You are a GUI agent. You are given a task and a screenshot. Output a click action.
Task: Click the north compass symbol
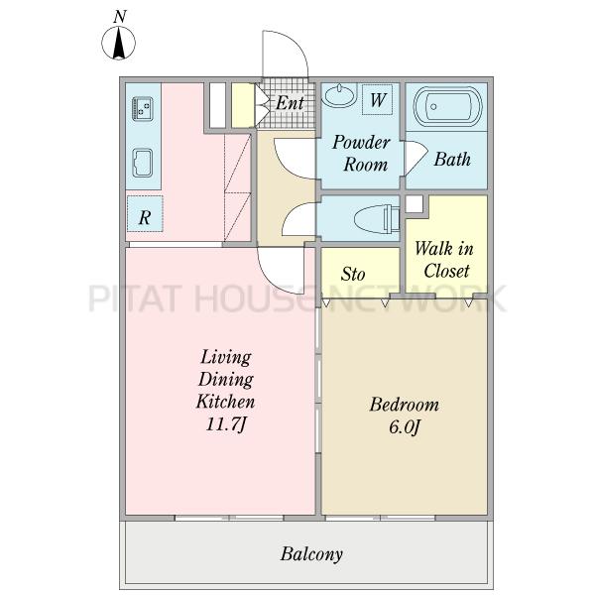coord(118,42)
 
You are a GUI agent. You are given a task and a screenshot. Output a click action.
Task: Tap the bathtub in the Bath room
coord(448,107)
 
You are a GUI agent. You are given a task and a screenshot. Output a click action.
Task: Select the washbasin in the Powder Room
coord(339,95)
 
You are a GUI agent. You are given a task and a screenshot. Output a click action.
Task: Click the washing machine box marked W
coord(377,99)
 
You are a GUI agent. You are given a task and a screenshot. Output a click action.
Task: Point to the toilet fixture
coord(377,219)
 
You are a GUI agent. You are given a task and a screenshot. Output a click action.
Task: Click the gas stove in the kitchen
coord(143,109)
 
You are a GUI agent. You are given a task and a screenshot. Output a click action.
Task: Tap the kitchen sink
coord(143,164)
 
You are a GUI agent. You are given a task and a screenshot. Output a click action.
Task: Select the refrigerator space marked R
coord(145,214)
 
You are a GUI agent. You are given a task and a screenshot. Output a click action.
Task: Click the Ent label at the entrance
coord(290,103)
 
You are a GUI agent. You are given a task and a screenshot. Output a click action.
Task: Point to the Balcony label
coord(311,554)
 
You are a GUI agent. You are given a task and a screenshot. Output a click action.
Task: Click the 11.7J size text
coord(226,424)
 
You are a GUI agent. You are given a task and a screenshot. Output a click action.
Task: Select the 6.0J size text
coord(405,427)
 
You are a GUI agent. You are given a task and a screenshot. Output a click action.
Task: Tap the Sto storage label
coord(353,274)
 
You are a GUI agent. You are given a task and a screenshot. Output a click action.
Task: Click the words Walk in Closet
coord(444,260)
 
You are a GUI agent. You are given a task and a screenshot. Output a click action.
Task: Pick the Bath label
coord(452,159)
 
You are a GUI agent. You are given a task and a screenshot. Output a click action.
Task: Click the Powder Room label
coord(362,154)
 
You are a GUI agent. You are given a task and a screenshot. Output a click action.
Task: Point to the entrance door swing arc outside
coord(299,45)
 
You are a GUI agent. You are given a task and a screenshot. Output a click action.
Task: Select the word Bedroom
coord(405,405)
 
